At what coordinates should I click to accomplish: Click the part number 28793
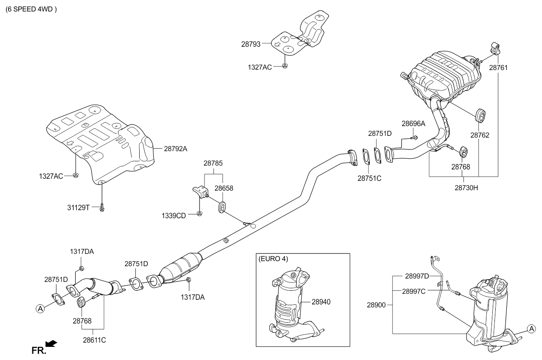250,43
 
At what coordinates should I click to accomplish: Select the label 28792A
175,149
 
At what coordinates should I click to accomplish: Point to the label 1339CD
174,215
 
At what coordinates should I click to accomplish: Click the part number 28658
223,188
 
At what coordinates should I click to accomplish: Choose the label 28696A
413,124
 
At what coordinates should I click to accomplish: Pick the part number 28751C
369,178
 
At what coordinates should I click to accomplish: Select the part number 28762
480,135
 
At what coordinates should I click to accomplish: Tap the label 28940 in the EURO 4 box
321,302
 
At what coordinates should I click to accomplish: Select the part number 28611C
94,340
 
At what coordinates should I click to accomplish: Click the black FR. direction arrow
51,343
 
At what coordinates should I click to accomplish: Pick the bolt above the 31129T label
102,207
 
